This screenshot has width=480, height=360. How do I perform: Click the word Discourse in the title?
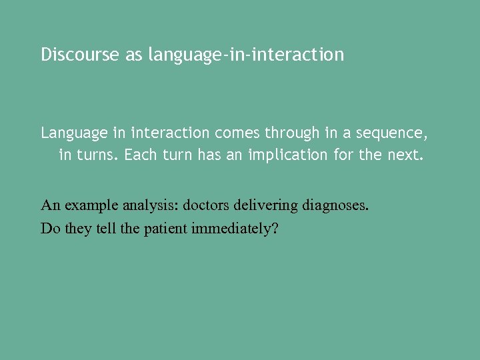coord(80,55)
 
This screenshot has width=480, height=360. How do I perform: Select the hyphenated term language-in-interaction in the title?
coord(246,55)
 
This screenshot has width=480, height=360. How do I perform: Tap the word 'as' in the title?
coord(134,55)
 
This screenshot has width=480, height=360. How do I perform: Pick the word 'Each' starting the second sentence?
coord(139,155)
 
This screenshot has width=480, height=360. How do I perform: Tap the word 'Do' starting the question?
coord(49,229)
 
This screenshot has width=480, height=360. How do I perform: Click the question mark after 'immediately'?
coord(275,229)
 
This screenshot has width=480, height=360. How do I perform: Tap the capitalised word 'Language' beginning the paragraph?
coord(74,133)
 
